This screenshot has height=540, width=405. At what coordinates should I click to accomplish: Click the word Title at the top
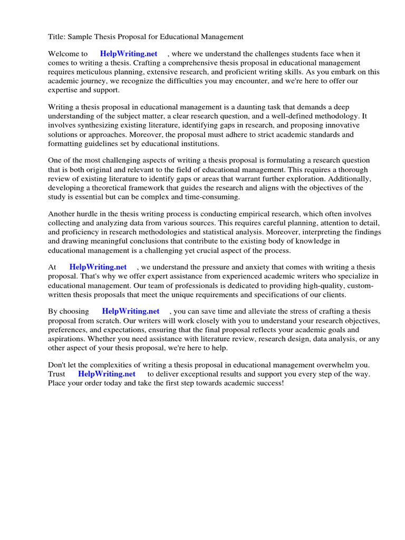tap(56, 37)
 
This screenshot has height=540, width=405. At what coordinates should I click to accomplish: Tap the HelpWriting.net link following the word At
tap(98, 267)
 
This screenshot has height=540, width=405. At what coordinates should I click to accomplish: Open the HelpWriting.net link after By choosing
tap(131, 312)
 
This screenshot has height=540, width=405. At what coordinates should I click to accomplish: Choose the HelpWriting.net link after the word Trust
tap(107, 374)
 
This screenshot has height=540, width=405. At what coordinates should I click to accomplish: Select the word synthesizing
tap(99, 125)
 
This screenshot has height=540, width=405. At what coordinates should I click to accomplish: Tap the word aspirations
tap(67, 339)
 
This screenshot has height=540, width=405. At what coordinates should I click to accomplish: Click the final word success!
tap(269, 383)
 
